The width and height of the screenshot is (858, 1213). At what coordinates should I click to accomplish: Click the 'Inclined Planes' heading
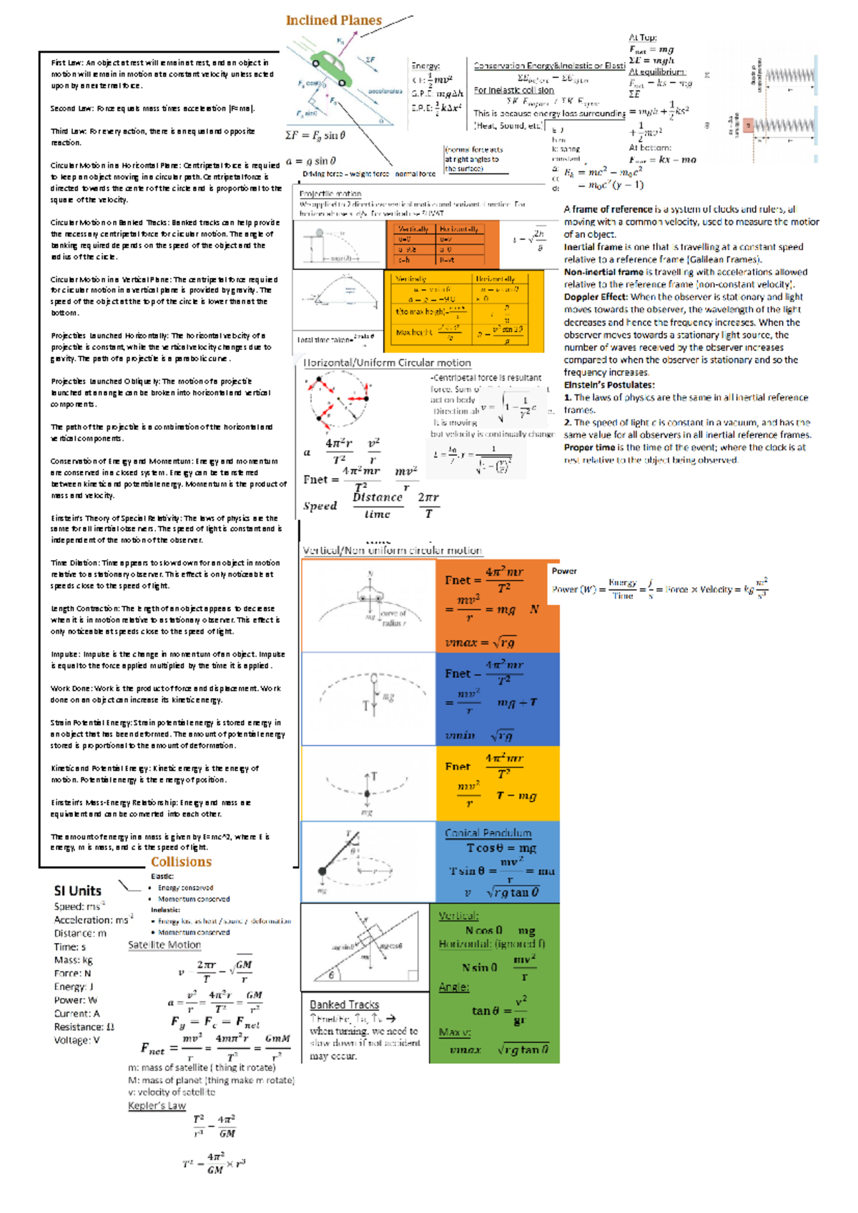pos(333,21)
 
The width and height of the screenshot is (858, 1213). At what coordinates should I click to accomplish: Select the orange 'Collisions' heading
pos(181,862)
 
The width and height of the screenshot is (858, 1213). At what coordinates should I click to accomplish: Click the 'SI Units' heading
pos(78,891)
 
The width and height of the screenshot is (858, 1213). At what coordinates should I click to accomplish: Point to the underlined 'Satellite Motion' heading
pos(164,944)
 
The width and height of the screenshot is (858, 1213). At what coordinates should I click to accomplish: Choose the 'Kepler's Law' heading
pos(157,1106)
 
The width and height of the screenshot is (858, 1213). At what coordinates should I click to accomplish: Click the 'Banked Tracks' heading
pos(344,1004)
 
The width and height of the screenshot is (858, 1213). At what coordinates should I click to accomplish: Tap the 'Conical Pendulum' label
pos(488,833)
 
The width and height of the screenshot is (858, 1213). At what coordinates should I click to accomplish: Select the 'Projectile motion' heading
pos(330,194)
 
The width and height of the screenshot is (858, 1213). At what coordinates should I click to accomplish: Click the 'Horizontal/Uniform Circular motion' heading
pos(387,363)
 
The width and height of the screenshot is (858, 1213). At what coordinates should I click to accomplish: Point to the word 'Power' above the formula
pos(564,571)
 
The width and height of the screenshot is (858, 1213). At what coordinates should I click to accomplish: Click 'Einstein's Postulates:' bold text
pos(609,385)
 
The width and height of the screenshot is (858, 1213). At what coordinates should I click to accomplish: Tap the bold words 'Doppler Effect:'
pos(596,296)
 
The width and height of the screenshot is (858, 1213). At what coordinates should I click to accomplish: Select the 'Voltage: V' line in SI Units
pos(77,1040)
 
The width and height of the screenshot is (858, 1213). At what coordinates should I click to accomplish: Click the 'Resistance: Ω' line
pos(84,1027)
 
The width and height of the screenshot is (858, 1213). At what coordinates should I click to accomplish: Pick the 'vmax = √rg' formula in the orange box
pos(480,642)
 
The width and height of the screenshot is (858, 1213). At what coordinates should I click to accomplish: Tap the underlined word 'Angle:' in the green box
pos(454,987)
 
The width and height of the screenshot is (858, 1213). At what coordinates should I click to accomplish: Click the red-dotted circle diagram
pos(339,399)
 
